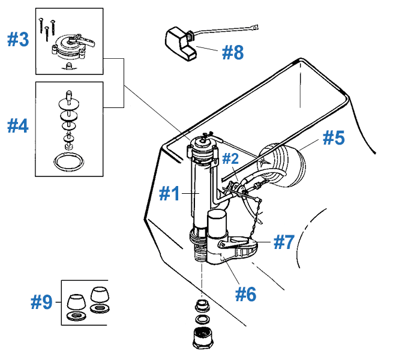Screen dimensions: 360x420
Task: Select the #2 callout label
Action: tap(231, 158)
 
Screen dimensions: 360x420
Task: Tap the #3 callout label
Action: tap(17, 40)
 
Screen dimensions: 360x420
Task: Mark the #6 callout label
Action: tap(245, 294)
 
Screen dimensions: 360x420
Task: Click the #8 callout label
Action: tap(233, 52)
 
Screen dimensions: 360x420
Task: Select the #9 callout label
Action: tap(42, 303)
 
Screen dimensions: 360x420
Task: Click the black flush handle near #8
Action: tap(178, 42)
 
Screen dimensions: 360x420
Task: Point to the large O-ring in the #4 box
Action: tap(68, 161)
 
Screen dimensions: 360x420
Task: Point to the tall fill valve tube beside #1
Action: tap(195, 192)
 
